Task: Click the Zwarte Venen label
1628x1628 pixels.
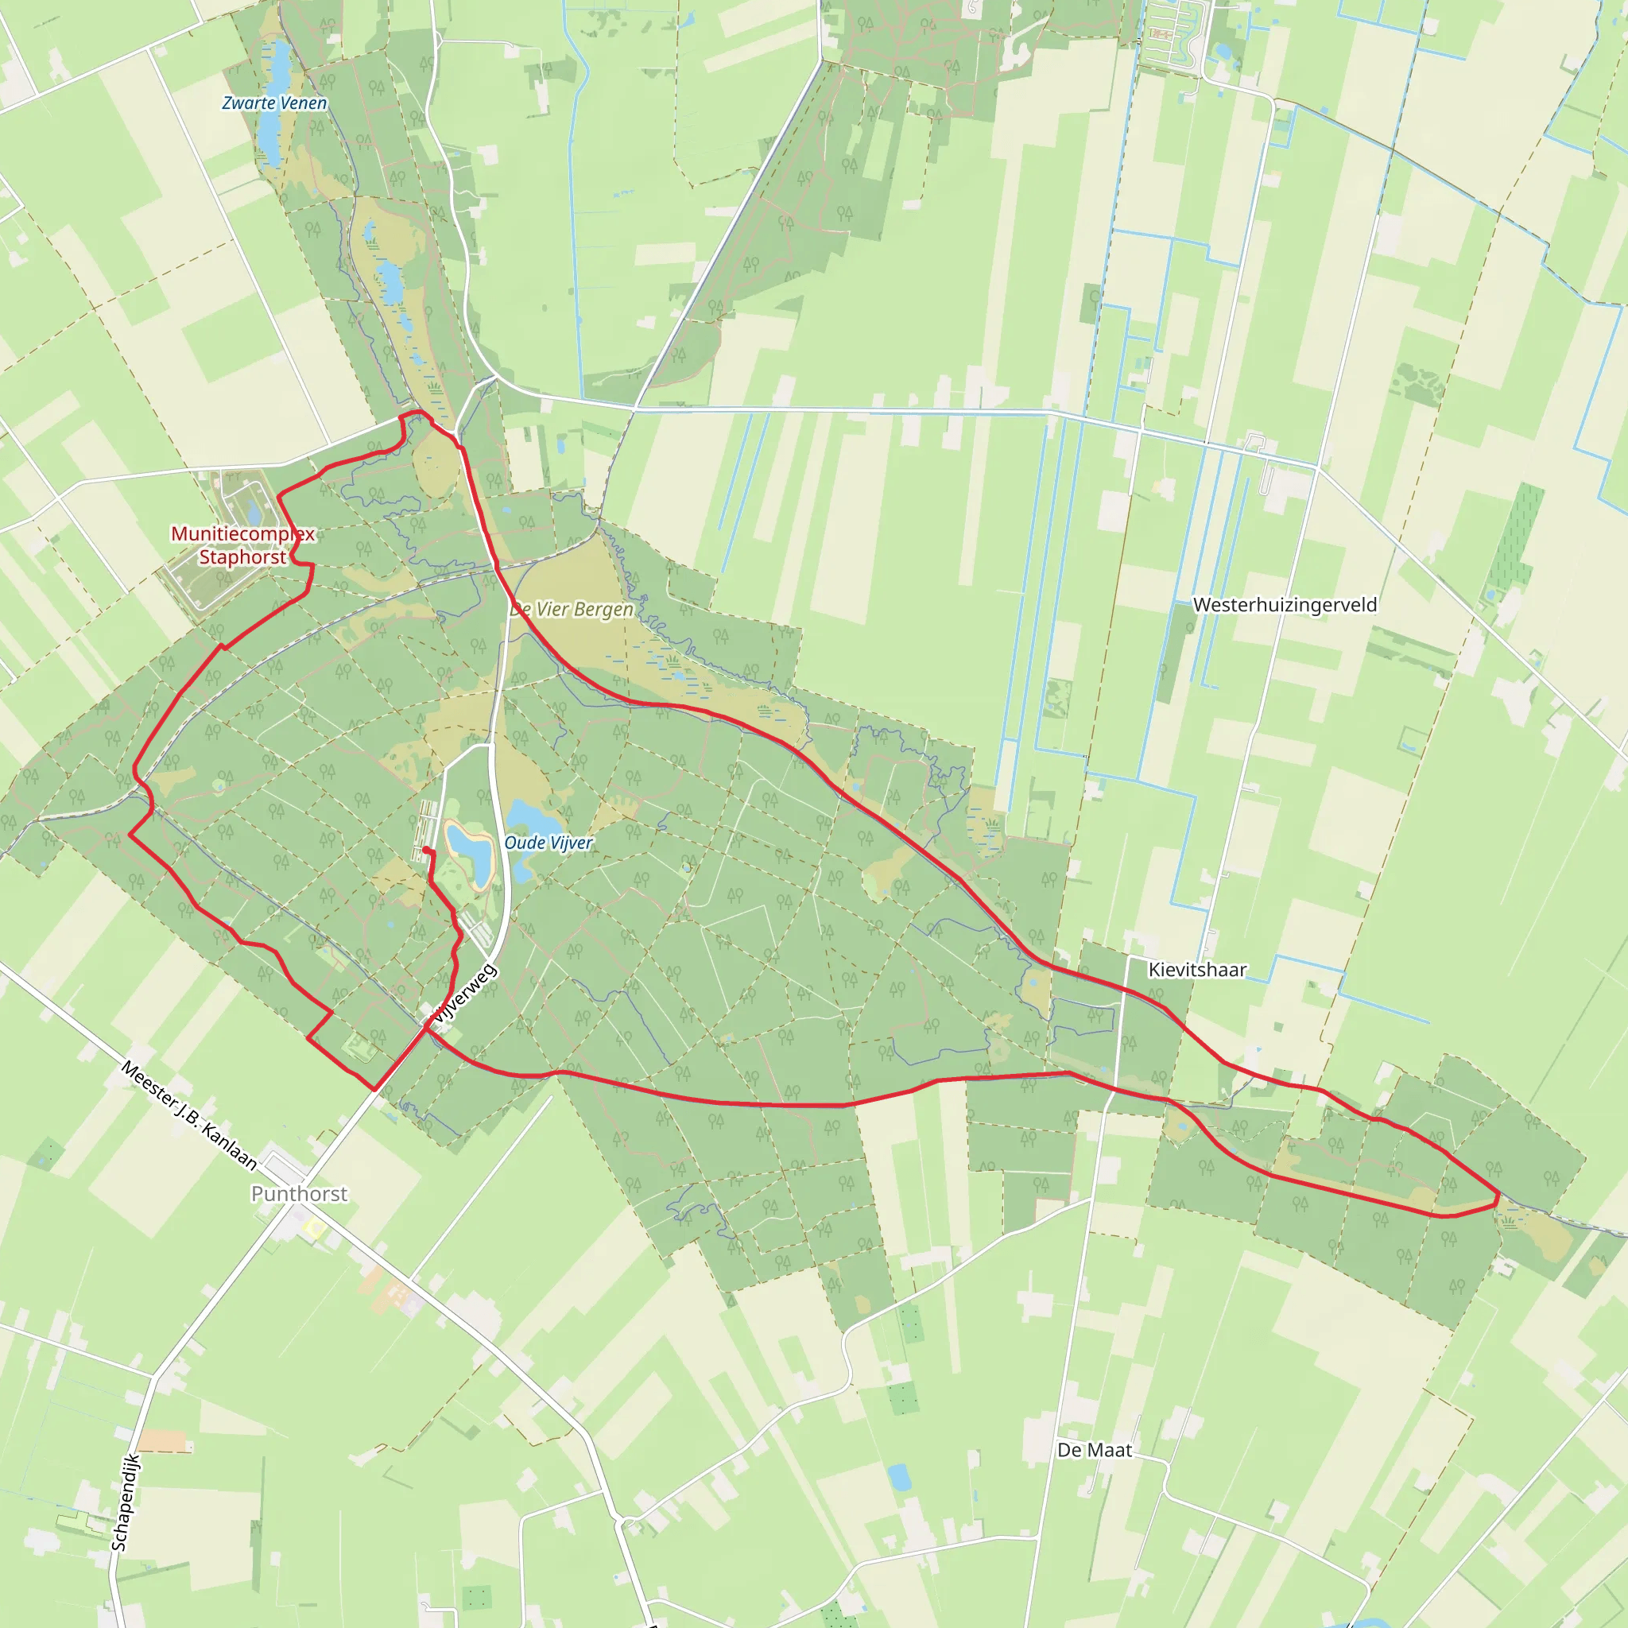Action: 274,103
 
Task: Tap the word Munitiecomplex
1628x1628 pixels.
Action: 242,533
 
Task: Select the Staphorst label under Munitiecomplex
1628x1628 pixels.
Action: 242,557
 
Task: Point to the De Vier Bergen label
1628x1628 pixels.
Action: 572,609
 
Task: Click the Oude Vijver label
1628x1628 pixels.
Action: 548,843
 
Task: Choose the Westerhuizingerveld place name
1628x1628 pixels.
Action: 1285,605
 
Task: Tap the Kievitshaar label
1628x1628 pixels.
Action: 1196,970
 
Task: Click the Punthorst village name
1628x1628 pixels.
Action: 299,1193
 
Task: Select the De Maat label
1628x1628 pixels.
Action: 1095,1450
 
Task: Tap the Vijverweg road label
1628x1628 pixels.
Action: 464,994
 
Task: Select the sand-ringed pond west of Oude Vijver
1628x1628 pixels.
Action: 469,853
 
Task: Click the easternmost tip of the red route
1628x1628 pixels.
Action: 1498,1194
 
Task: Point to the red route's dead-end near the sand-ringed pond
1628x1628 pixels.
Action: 425,850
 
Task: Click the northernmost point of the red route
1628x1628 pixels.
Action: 415,411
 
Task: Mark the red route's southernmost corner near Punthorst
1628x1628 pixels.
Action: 374,1089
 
